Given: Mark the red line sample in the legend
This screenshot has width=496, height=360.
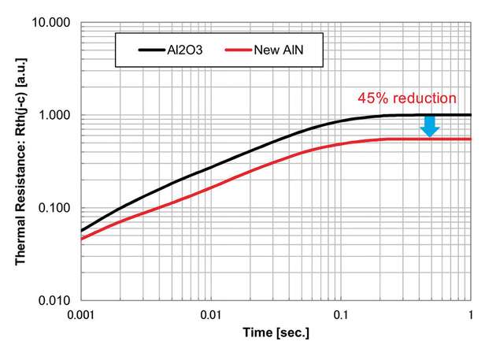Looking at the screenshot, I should coord(237,50).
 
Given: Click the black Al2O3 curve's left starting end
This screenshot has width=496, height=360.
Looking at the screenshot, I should coord(80,231).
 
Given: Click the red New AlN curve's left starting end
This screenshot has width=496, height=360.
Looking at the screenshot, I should coord(80,239).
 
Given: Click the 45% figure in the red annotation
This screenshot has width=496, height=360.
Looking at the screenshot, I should coord(372,98).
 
